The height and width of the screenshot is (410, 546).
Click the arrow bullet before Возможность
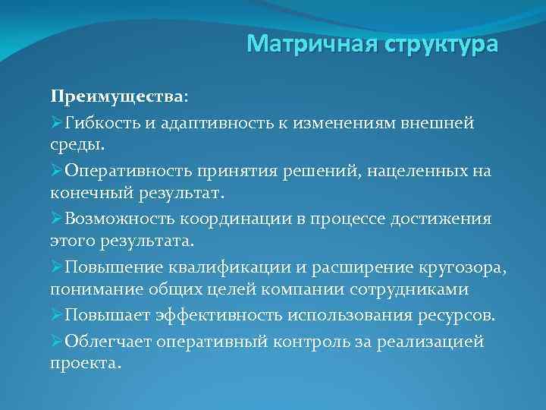click(57, 219)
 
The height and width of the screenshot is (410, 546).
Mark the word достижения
click(442, 219)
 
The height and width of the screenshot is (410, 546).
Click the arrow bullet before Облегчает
click(57, 341)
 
